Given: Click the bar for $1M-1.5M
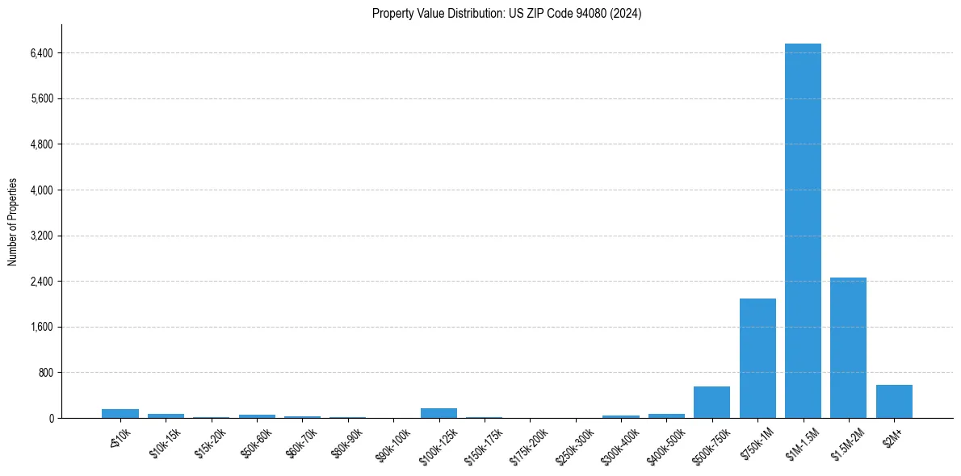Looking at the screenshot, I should click(x=803, y=231).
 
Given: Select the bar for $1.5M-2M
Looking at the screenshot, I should click(x=848, y=348).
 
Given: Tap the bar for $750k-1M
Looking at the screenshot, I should click(x=757, y=358).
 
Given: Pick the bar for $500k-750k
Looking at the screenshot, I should click(x=711, y=403).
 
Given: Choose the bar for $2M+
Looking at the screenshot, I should click(x=894, y=402).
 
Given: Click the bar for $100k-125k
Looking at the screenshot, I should click(x=439, y=413).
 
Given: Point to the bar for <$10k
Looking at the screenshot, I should click(x=120, y=413).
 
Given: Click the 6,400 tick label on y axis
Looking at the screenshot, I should click(x=40, y=53).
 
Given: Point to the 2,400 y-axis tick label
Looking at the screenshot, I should click(x=40, y=282).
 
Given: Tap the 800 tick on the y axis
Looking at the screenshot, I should click(x=44, y=373).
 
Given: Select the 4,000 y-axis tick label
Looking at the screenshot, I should click(x=40, y=190).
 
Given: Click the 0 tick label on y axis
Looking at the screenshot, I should click(x=51, y=419).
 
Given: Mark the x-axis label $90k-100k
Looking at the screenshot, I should click(x=393, y=441).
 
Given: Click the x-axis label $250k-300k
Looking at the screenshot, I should click(x=575, y=441).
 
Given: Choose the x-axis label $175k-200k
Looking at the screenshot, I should click(x=530, y=441).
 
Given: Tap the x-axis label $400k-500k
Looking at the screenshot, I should click(x=666, y=441).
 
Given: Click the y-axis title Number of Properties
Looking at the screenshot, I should click(x=13, y=221).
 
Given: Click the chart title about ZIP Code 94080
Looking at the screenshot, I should click(x=506, y=14).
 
